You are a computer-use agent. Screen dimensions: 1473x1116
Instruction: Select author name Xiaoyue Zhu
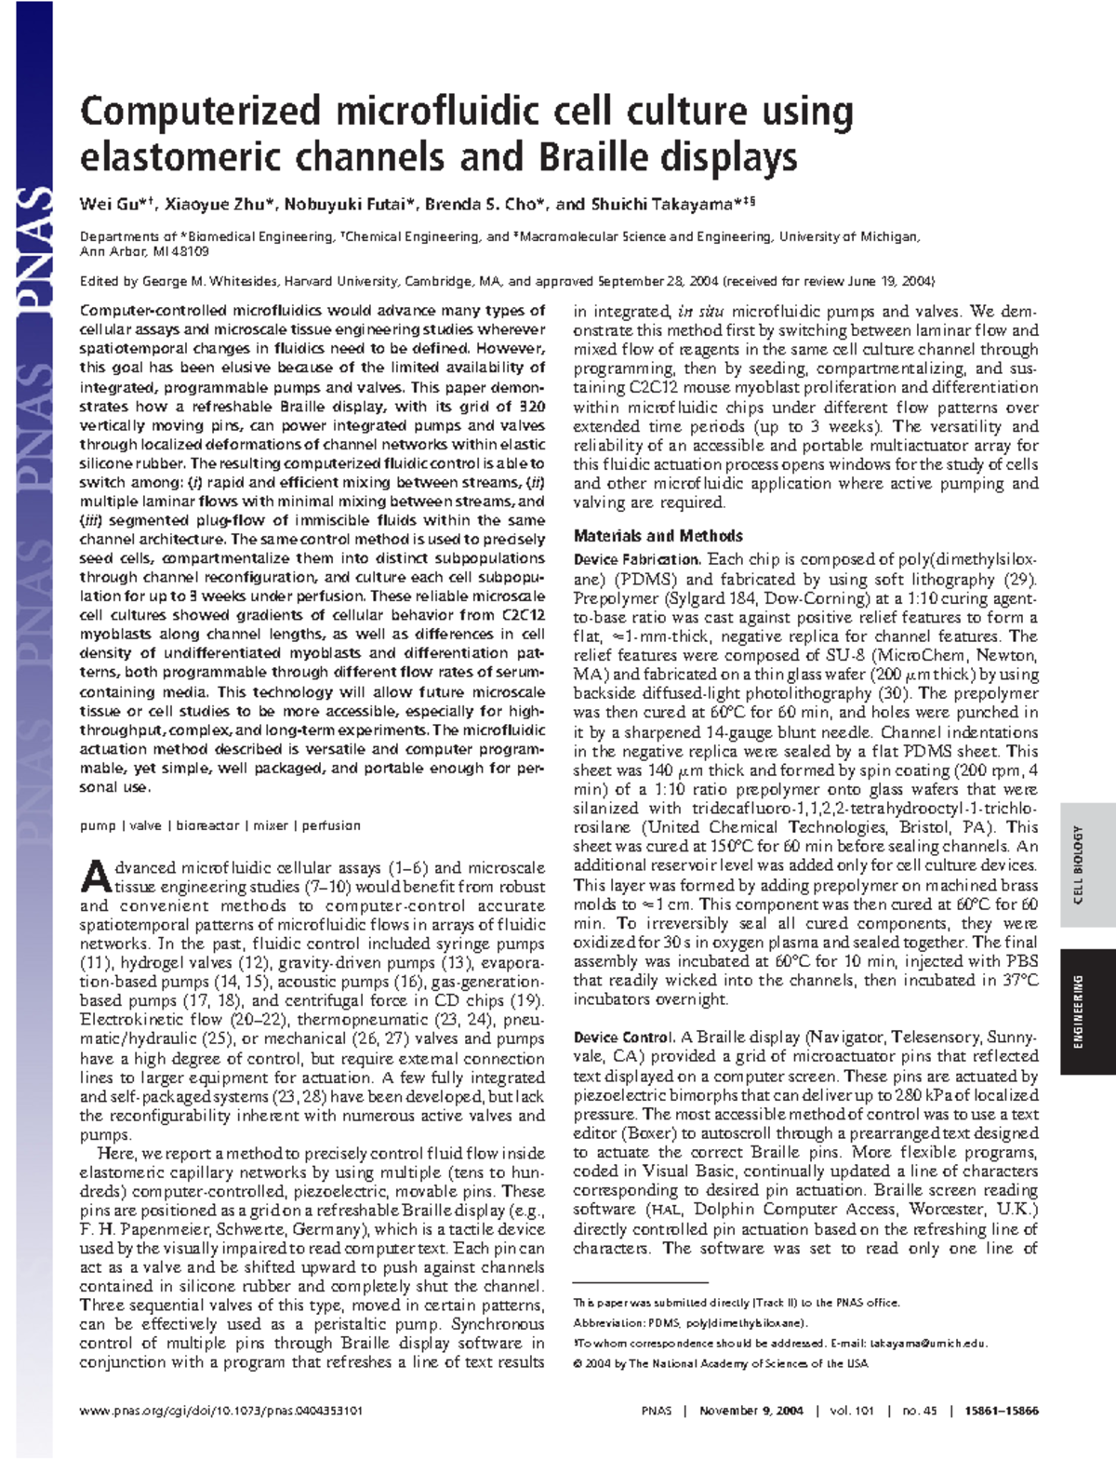pos(219,204)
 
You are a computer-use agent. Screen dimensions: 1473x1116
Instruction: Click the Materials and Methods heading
pos(658,536)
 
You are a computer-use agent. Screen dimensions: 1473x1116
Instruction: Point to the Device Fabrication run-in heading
pos(636,559)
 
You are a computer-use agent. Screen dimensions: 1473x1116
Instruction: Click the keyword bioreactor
pos(207,825)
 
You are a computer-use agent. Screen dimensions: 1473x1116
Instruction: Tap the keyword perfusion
pos(330,825)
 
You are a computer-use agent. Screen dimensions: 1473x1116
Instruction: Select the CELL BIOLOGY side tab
pos(1079,864)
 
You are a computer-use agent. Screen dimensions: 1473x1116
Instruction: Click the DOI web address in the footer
pos(221,1411)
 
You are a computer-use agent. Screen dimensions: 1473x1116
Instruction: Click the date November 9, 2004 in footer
pos(751,1411)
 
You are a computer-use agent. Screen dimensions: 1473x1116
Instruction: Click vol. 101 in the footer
pos(851,1411)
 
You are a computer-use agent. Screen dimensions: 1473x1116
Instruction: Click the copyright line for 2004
pos(721,1363)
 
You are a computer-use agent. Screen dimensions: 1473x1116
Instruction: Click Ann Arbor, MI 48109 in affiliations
pos(144,251)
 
